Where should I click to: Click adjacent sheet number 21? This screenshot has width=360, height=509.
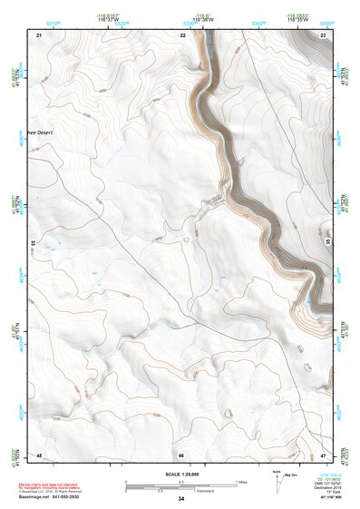(x=39, y=34)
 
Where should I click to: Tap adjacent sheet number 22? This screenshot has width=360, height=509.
(x=182, y=34)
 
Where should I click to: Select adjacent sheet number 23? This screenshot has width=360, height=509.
(x=324, y=34)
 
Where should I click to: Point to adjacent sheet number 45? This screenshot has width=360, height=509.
(x=39, y=454)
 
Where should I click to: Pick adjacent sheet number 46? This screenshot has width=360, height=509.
(x=181, y=454)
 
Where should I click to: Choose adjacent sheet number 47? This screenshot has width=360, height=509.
(x=324, y=454)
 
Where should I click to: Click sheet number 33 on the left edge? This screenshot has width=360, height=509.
(x=34, y=244)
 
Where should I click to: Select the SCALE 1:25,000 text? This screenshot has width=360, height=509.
(x=180, y=474)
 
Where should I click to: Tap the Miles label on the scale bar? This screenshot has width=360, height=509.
(x=241, y=481)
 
